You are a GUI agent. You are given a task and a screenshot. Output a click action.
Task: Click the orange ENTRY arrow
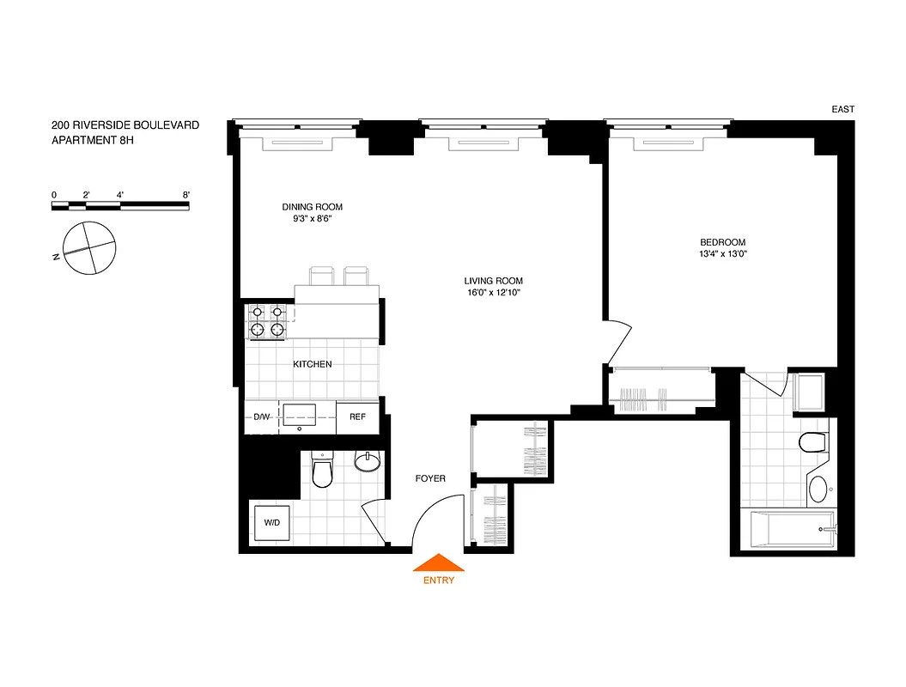439,563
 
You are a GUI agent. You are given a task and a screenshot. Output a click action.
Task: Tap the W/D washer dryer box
271,522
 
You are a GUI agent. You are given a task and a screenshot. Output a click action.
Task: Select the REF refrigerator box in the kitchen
357,416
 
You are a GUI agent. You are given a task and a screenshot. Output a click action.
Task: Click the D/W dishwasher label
261,417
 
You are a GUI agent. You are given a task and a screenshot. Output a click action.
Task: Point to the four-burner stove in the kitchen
267,321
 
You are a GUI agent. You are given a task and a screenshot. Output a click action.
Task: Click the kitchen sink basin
300,416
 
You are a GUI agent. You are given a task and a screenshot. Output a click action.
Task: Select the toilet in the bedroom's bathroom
812,443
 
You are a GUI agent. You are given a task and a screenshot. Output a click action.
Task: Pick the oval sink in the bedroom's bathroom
819,490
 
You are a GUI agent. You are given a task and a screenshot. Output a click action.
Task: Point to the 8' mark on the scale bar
186,196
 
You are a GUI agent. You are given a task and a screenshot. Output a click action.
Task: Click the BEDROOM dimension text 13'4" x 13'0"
723,254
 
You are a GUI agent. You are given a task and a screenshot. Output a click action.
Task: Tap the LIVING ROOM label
493,281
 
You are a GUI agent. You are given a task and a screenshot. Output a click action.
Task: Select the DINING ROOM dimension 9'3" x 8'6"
313,219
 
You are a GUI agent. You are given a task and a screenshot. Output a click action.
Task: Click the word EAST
842,109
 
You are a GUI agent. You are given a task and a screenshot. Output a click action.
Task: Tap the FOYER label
430,478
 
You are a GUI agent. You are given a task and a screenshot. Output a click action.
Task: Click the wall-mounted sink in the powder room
368,462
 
